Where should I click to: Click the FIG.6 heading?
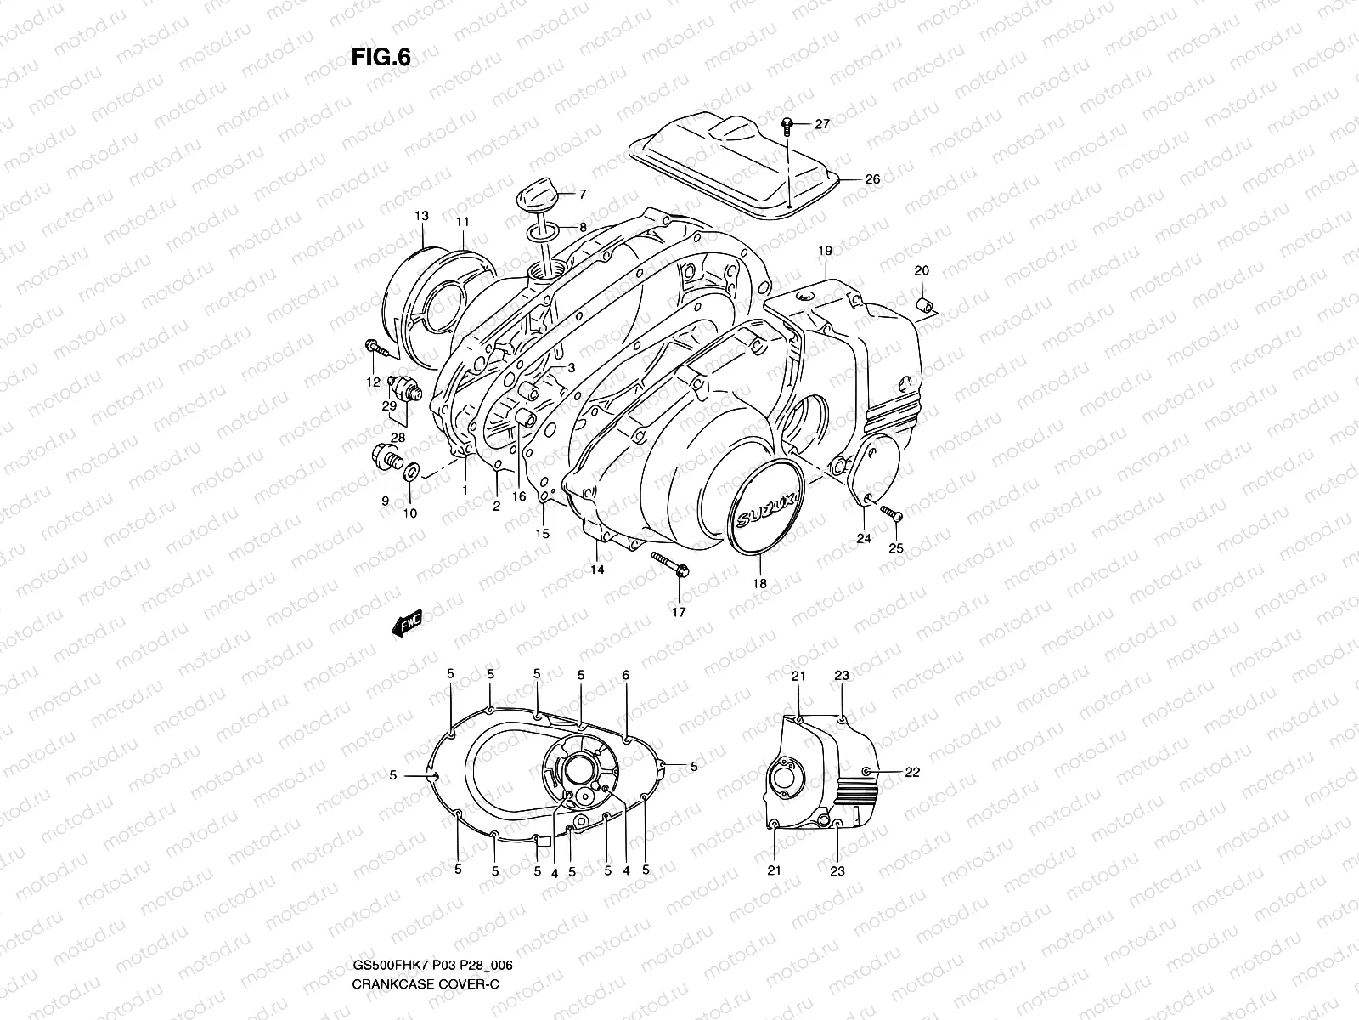tap(381, 56)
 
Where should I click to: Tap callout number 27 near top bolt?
tap(821, 124)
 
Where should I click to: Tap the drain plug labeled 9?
tap(384, 456)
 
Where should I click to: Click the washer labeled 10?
tap(412, 469)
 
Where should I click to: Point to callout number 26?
tap(872, 179)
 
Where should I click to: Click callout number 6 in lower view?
tap(626, 675)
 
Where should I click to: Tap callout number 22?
tap(912, 772)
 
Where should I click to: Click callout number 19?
tap(825, 251)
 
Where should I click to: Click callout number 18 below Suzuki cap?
tap(759, 583)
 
